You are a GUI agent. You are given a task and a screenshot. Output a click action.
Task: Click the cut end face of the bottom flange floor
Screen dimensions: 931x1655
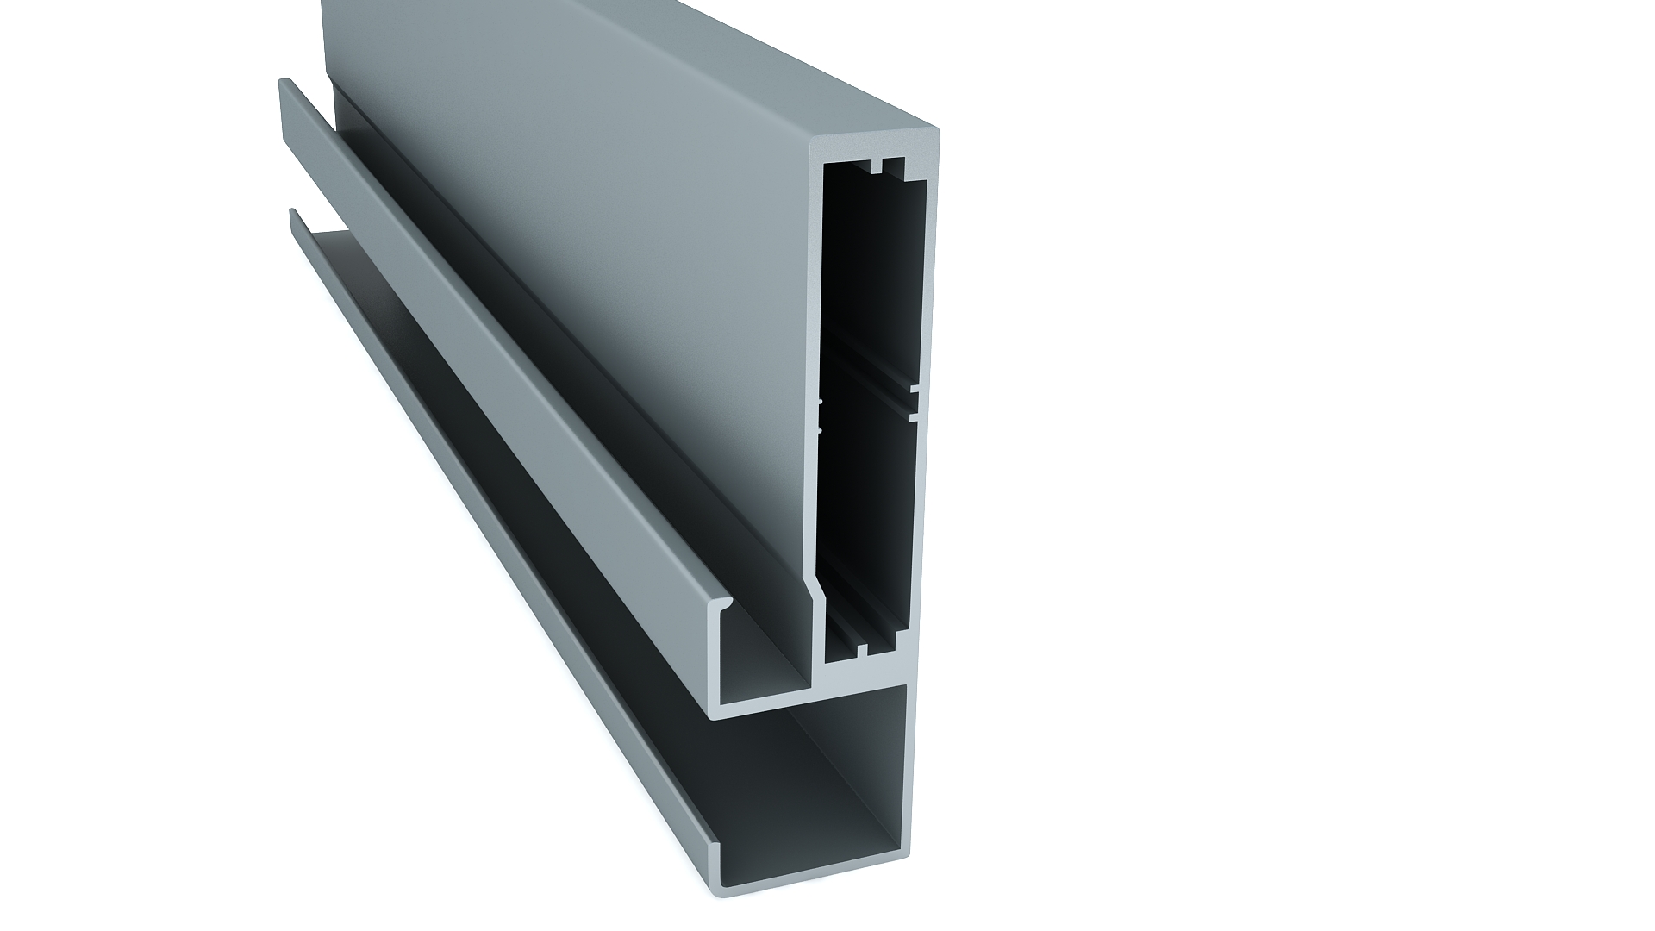coord(819,888)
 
